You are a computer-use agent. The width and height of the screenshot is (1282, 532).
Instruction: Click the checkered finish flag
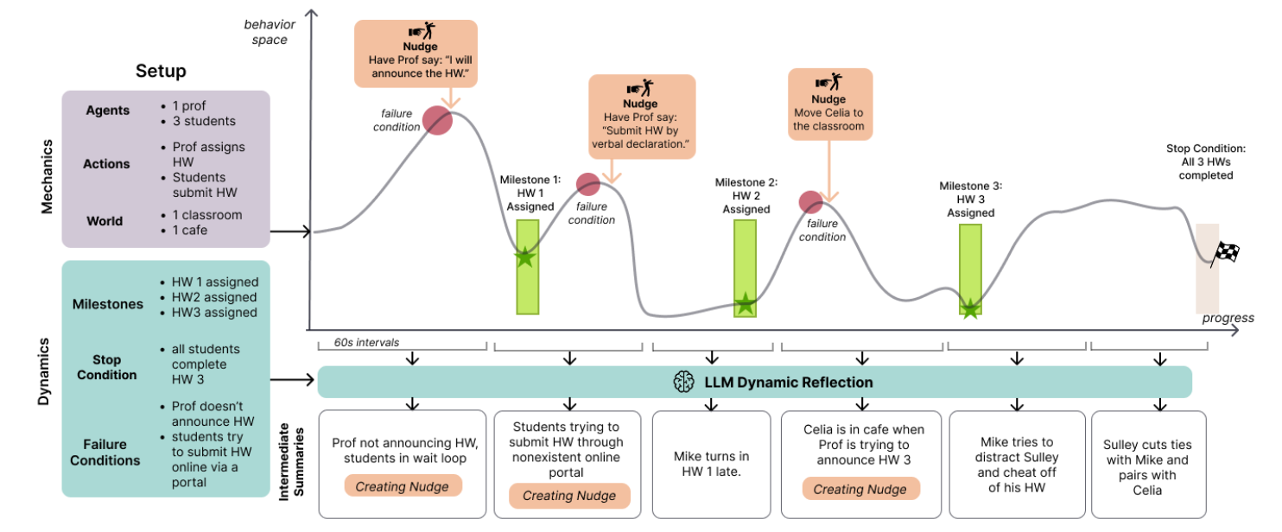click(x=1227, y=252)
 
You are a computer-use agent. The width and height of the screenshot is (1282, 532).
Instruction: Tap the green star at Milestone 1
click(x=524, y=257)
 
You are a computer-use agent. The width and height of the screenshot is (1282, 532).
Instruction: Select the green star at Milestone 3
click(x=970, y=308)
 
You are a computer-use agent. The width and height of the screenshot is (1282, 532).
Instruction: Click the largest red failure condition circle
click(x=437, y=122)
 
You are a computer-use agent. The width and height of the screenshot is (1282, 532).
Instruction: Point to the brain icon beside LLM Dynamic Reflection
click(x=684, y=382)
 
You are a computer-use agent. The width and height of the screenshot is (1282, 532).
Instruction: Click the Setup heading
click(x=161, y=71)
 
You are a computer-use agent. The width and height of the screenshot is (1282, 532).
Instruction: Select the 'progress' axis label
click(x=1228, y=318)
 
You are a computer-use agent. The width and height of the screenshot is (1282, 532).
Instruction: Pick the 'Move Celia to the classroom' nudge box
click(x=828, y=104)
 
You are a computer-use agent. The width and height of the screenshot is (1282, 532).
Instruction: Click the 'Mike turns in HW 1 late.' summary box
click(x=711, y=463)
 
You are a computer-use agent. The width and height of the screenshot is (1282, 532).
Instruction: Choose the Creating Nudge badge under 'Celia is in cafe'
click(x=860, y=489)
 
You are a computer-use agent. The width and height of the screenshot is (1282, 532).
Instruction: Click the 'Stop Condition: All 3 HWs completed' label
click(x=1199, y=161)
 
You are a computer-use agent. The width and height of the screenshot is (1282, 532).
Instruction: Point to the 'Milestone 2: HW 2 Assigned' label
click(x=746, y=196)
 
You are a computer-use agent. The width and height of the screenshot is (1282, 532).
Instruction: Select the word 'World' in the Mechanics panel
click(x=105, y=220)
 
